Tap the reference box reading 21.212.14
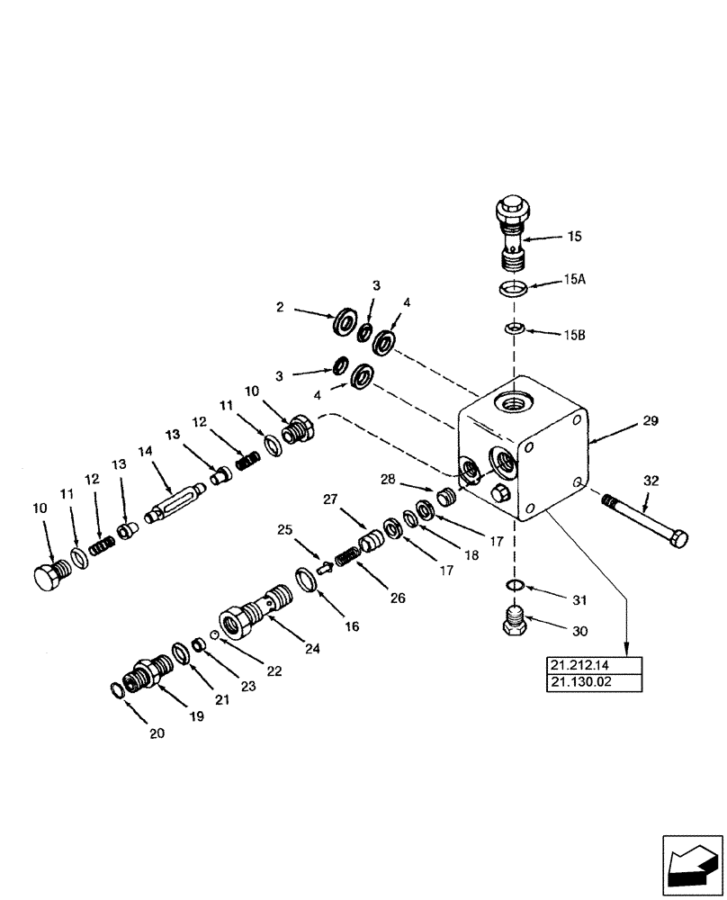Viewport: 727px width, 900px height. [x=594, y=666]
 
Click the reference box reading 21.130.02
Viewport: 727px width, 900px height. [x=594, y=683]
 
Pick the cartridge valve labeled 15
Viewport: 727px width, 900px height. [x=514, y=230]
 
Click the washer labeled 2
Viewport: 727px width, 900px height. [x=343, y=323]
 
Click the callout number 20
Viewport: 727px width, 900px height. [x=157, y=733]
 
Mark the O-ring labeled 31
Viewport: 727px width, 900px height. [x=514, y=586]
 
